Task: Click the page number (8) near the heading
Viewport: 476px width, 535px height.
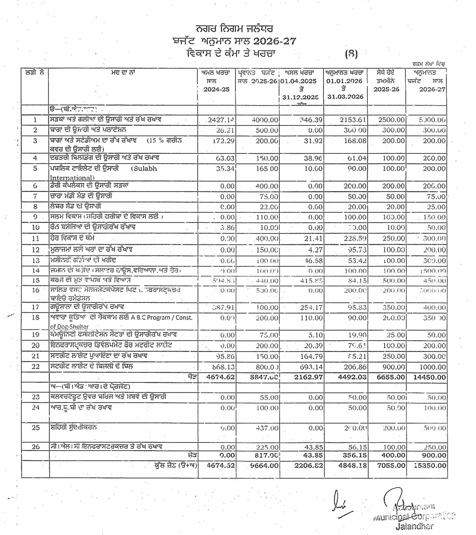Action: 351,54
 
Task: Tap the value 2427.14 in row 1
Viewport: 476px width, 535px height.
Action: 221,120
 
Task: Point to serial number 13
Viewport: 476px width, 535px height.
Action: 35,261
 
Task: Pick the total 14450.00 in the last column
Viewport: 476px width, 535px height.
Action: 430,377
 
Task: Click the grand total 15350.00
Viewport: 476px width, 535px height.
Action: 430,465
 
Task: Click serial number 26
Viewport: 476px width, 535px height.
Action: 35,447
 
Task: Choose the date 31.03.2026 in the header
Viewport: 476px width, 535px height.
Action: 345,97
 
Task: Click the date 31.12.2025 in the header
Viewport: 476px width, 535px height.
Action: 300,97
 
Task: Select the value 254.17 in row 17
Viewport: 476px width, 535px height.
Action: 311,308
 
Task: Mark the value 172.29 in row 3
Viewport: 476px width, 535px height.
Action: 223,141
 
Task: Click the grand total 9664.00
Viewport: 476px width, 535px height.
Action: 264,465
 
